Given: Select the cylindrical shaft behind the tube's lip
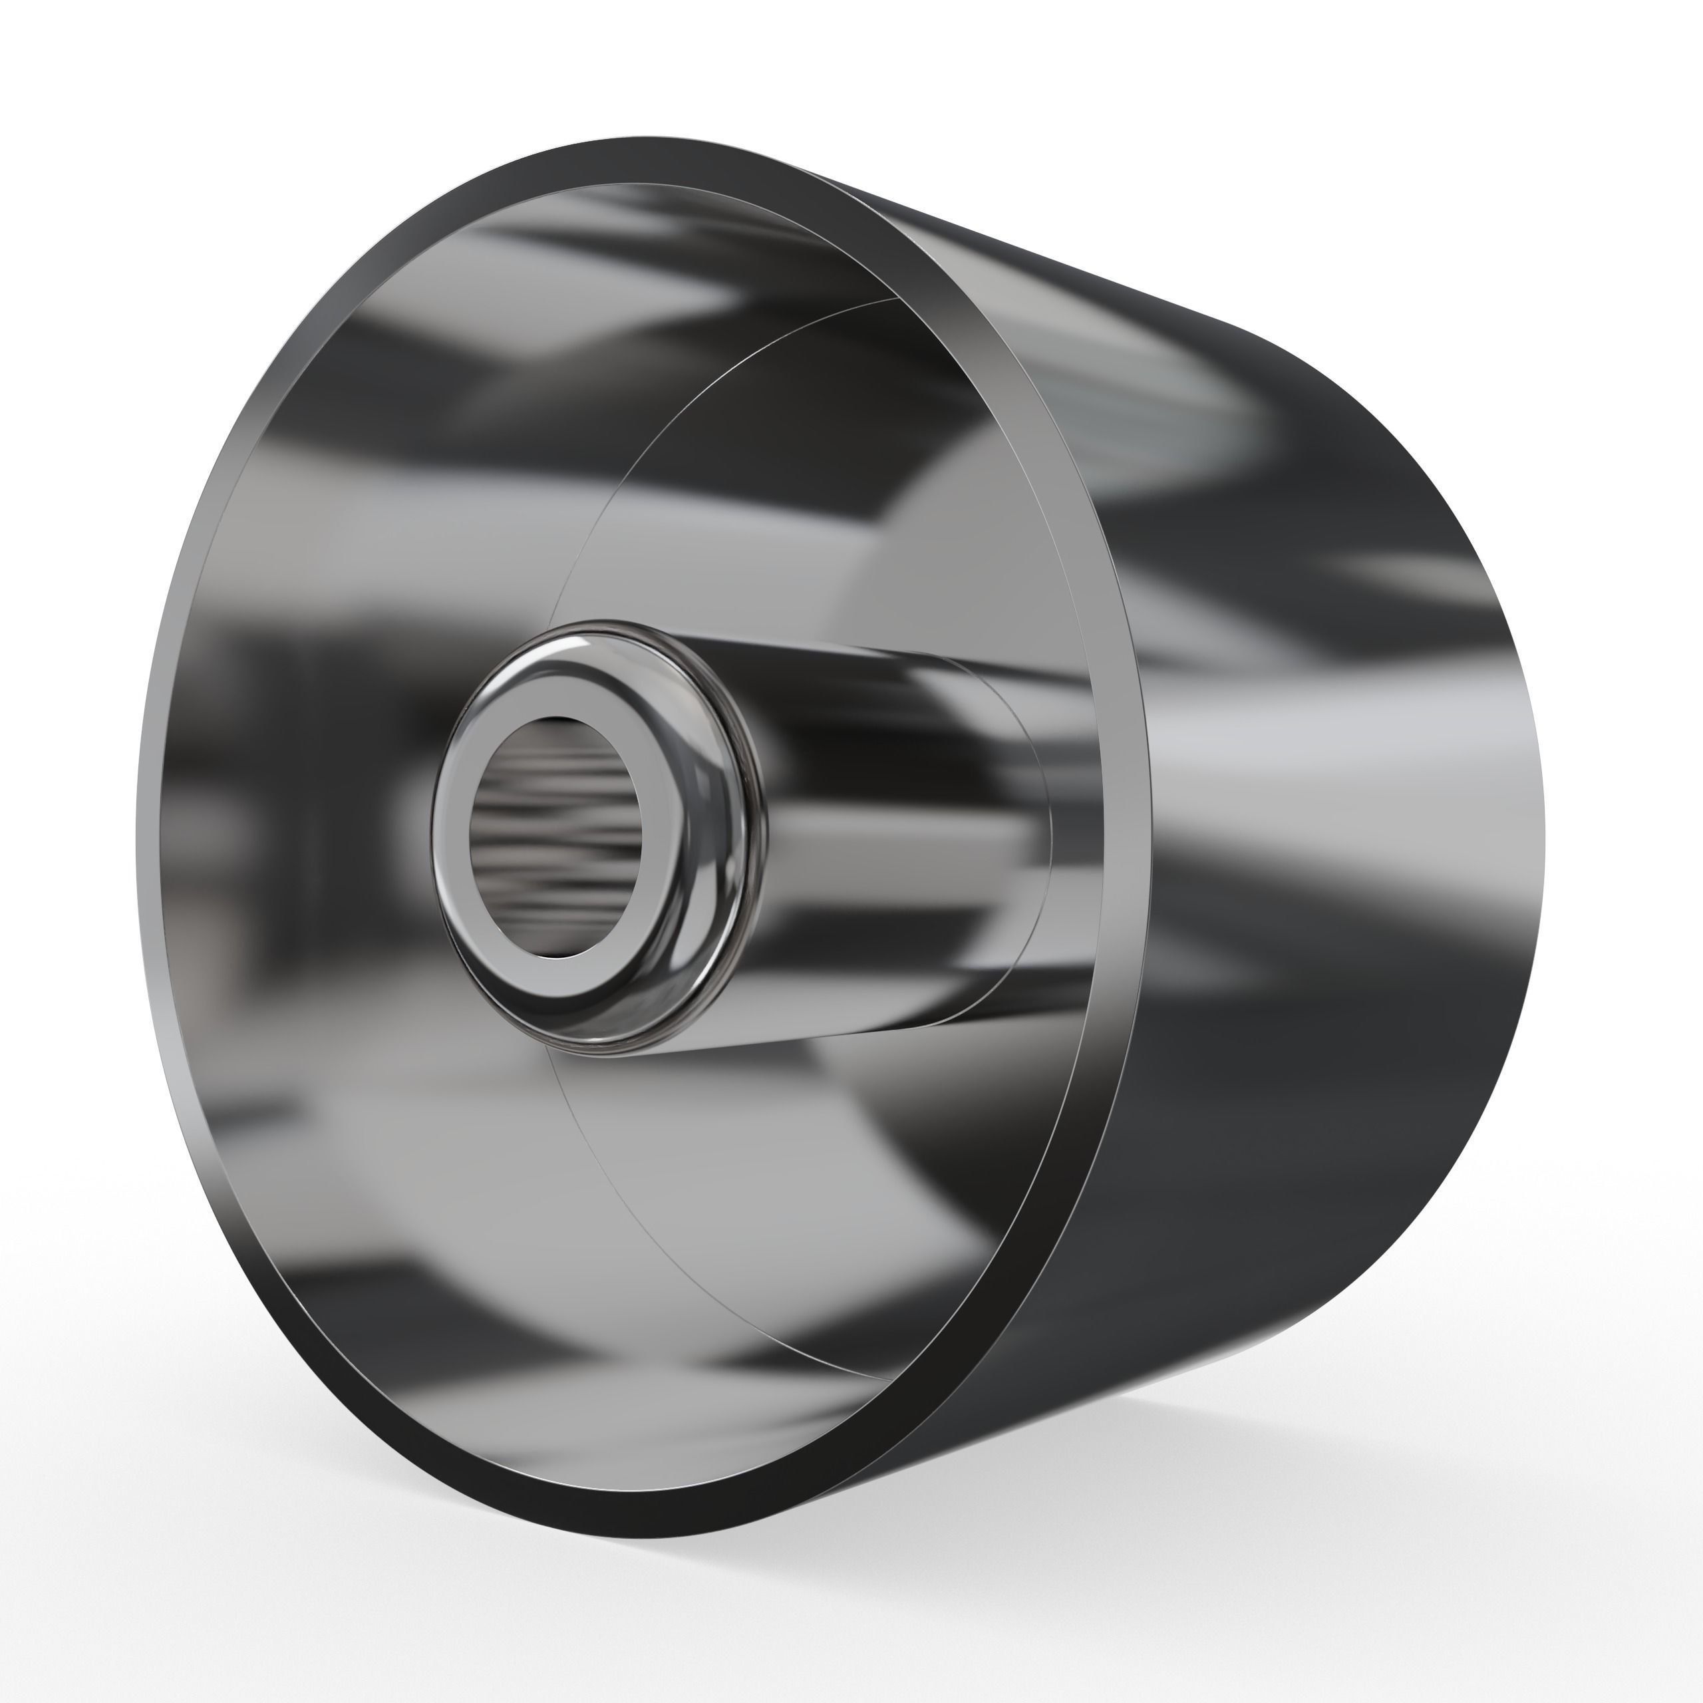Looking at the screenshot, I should pyautogui.click(x=881, y=846).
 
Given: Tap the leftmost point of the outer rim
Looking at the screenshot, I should pyautogui.click(x=148, y=838).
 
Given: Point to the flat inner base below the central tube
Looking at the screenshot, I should pyautogui.click(x=794, y=1190).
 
